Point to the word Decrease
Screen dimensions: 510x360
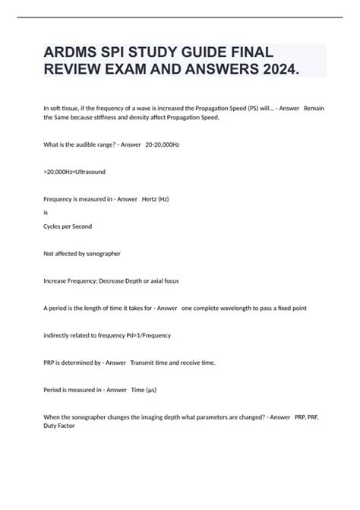(131, 281)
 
